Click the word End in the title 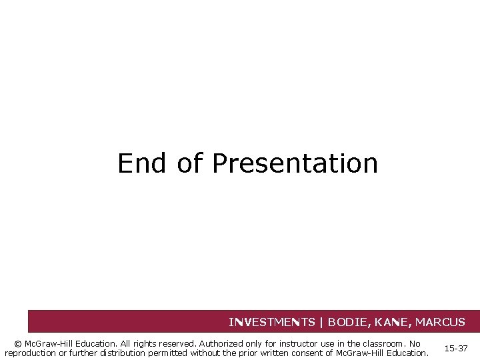(141, 163)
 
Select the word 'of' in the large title (190, 163)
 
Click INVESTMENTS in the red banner (272, 322)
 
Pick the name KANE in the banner (396, 322)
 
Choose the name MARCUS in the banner (440, 322)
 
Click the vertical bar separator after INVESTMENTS (321, 322)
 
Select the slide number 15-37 (456, 349)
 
